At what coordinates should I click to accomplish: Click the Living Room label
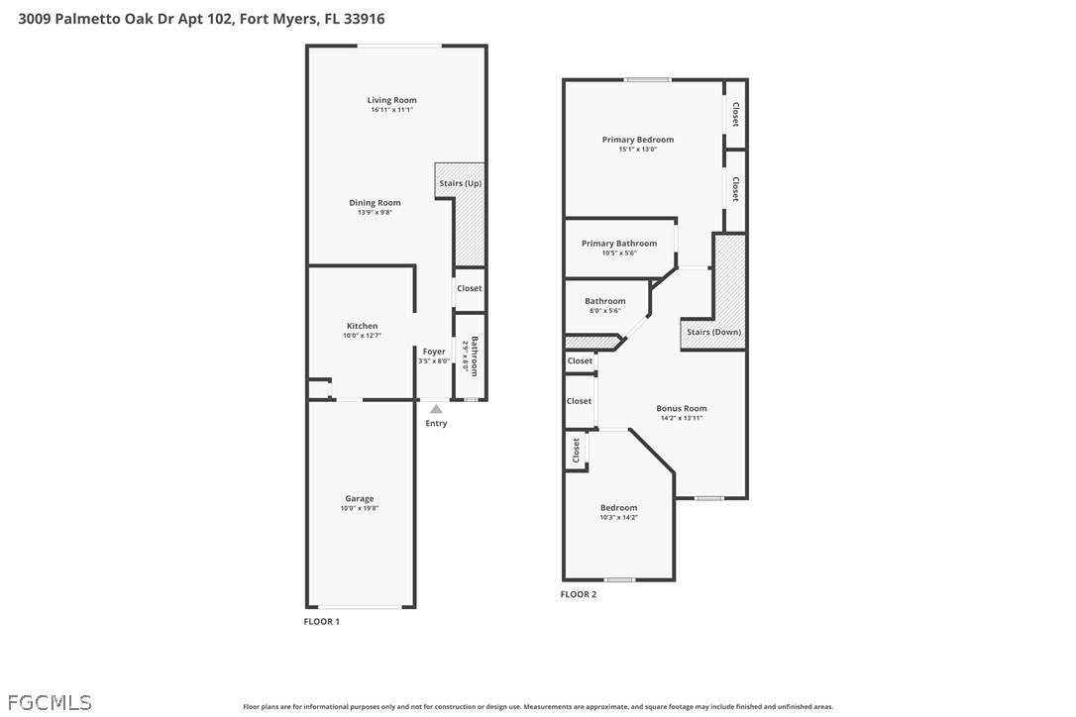(x=391, y=100)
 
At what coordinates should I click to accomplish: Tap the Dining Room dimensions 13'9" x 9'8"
(x=375, y=213)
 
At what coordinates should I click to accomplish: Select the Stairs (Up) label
(x=461, y=183)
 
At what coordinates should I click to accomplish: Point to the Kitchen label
(x=362, y=326)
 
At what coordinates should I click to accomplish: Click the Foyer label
(x=434, y=352)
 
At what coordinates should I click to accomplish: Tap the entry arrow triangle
(x=436, y=409)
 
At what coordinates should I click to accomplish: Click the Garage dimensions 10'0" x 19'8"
(x=360, y=508)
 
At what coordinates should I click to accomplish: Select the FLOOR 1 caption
(x=322, y=622)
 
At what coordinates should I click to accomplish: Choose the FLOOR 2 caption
(x=579, y=594)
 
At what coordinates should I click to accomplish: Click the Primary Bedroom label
(x=638, y=140)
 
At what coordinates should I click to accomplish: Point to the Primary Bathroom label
(x=619, y=243)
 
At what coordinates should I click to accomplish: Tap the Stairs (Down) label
(x=713, y=332)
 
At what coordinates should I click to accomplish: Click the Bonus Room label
(x=682, y=408)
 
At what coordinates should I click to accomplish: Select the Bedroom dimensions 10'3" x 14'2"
(x=619, y=518)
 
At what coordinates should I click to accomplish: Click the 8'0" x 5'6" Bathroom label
(x=605, y=301)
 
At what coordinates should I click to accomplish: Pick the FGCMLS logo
(x=50, y=702)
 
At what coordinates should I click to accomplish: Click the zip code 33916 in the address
(x=365, y=19)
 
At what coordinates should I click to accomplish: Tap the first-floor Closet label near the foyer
(x=470, y=288)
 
